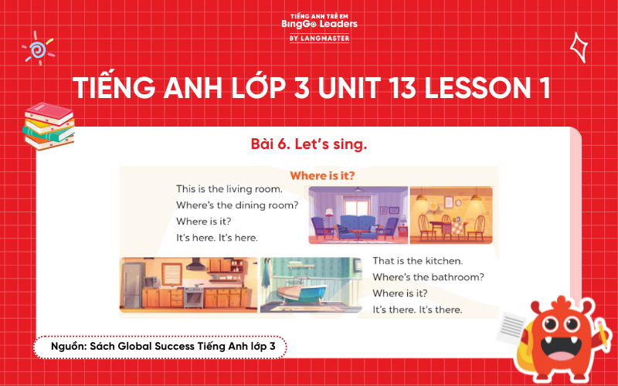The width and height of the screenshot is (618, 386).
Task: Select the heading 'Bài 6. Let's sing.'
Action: pyautogui.click(x=308, y=144)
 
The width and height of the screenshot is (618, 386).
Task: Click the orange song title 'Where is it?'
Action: pyautogui.click(x=322, y=175)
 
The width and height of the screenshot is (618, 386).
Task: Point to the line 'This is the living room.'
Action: pyautogui.click(x=229, y=188)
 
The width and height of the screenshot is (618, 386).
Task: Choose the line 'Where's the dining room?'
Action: pyautogui.click(x=236, y=205)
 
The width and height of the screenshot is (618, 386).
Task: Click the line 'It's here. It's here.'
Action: pyautogui.click(x=216, y=237)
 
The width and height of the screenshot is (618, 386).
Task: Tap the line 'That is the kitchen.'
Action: pyautogui.click(x=417, y=261)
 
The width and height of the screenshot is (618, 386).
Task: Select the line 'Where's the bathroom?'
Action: pyautogui.click(x=428, y=277)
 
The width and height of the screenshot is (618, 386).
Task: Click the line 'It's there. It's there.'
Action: pyautogui.click(x=417, y=310)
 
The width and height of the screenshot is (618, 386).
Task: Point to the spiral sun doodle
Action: pyautogui.click(x=36, y=49)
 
